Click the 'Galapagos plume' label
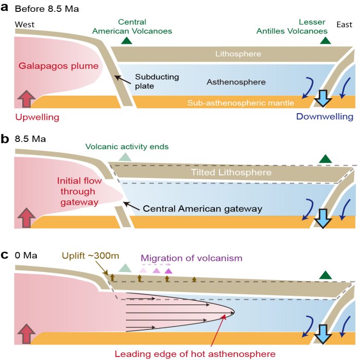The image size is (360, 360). click(59, 66)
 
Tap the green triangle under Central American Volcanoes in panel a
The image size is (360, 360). click(127, 41)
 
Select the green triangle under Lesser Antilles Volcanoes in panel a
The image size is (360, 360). click(326, 41)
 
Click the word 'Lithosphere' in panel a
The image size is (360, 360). click(238, 53)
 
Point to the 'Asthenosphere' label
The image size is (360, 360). click(236, 82)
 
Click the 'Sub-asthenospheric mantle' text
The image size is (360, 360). click(241, 103)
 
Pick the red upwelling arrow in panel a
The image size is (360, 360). click(27, 99)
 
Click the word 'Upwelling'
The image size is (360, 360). click(37, 117)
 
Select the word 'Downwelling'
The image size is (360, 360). click(325, 117)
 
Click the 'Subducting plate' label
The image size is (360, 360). click(157, 81)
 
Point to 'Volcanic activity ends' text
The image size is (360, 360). click(127, 147)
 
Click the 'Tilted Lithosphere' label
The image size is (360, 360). click(231, 172)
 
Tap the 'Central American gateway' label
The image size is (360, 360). click(203, 209)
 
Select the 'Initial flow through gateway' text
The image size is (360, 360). click(79, 191)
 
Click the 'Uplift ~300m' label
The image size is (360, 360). click(91, 256)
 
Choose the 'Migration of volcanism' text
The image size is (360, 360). click(191, 258)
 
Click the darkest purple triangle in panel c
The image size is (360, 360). click(168, 271)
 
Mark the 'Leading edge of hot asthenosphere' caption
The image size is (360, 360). click(195, 354)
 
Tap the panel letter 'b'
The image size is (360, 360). click(5, 139)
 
